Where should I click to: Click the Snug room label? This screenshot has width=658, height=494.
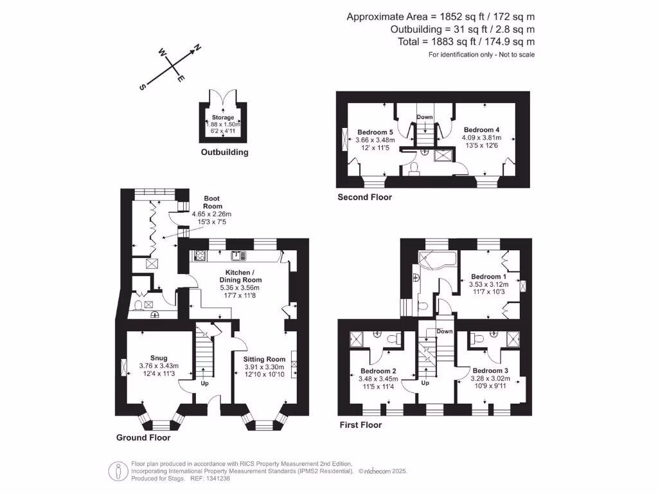pyautogui.click(x=159, y=358)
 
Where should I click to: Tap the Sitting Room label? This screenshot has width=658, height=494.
pyautogui.click(x=264, y=359)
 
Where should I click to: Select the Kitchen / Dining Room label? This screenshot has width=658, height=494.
pyautogui.click(x=240, y=276)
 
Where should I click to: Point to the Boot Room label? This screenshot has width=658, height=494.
pyautogui.click(x=212, y=202)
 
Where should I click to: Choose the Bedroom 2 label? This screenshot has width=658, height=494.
pyautogui.click(x=378, y=371)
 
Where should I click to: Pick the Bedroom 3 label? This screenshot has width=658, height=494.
pyautogui.click(x=490, y=371)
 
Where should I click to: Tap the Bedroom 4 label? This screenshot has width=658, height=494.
pyautogui.click(x=481, y=130)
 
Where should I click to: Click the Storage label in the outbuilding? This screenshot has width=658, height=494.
pyautogui.click(x=223, y=118)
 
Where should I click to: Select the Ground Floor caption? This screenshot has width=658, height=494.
pyautogui.click(x=143, y=437)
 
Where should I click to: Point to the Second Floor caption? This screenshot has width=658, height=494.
pyautogui.click(x=364, y=197)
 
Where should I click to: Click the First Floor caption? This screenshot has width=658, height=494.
pyautogui.click(x=360, y=425)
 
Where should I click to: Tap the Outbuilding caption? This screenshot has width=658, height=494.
pyautogui.click(x=224, y=152)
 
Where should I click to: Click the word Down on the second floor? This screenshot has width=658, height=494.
pyautogui.click(x=425, y=117)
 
